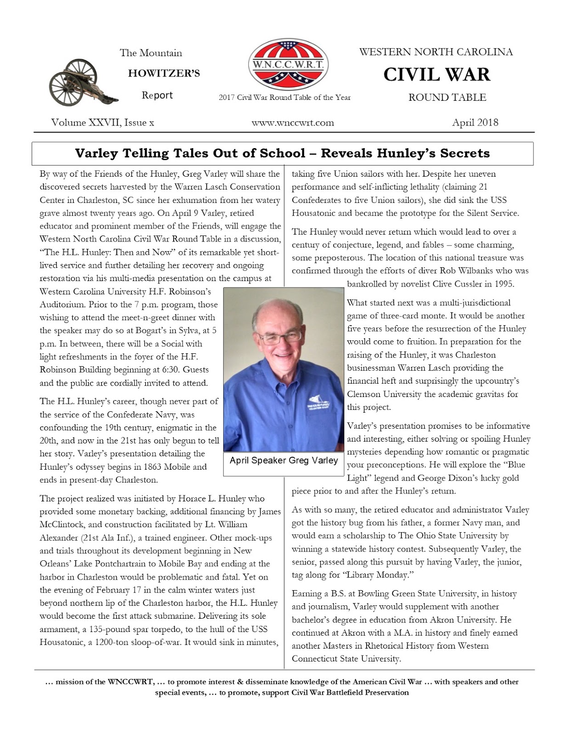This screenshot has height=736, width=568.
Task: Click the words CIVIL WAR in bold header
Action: [x=436, y=75]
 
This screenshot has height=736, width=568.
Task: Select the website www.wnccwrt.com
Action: [x=293, y=123]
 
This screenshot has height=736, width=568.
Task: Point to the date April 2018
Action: [x=475, y=122]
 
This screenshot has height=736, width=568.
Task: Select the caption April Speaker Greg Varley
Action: [x=284, y=460]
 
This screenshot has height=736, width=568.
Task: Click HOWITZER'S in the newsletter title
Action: [x=164, y=74]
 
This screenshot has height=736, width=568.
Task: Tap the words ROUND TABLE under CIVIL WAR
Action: [x=447, y=98]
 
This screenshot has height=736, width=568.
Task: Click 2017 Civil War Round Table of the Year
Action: [x=284, y=98]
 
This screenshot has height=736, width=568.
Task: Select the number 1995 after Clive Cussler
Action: [x=504, y=284]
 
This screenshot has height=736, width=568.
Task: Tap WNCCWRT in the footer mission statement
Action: [x=131, y=682]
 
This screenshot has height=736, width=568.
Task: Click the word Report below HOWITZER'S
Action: [x=157, y=95]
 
